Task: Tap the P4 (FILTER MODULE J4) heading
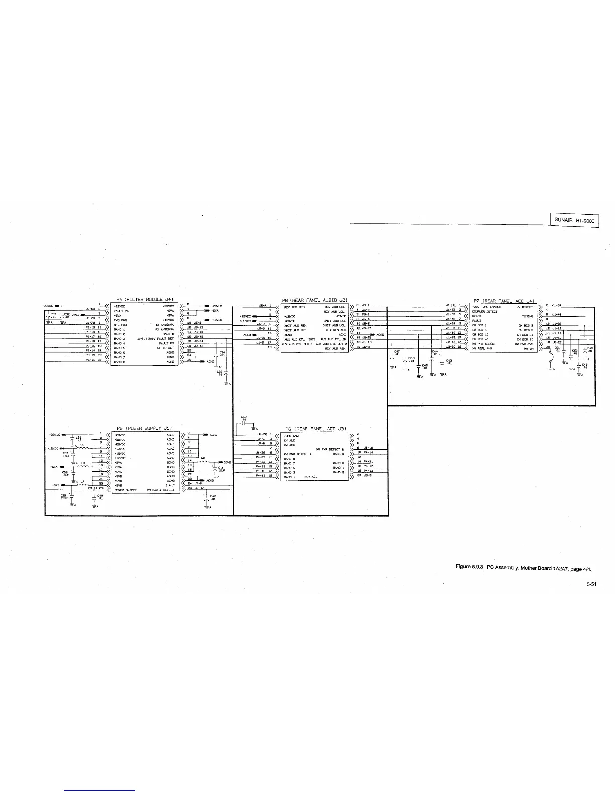pyautogui.click(x=145, y=300)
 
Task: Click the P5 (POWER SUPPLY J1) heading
pyautogui.click(x=145, y=427)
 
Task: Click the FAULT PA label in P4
pyautogui.click(x=122, y=311)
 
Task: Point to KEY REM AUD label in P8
pyautogui.click(x=336, y=330)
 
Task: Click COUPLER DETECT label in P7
pyautogui.click(x=485, y=312)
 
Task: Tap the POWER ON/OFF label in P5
pyautogui.click(x=124, y=490)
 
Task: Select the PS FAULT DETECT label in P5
pyautogui.click(x=160, y=490)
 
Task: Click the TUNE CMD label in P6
pyautogui.click(x=291, y=436)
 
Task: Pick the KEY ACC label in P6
pyautogui.click(x=311, y=477)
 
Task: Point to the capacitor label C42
pyautogui.click(x=213, y=496)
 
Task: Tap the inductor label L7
pyautogui.click(x=82, y=481)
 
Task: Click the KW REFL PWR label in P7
pyautogui.click(x=481, y=166)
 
